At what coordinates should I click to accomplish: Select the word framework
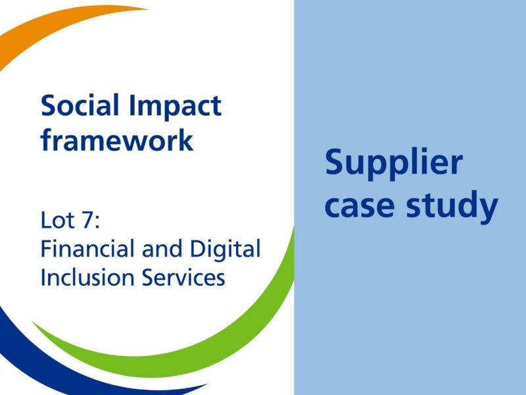click(117, 140)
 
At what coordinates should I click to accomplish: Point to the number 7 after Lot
click(87, 219)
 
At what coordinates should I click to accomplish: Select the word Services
click(183, 277)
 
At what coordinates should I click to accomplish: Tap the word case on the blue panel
click(364, 206)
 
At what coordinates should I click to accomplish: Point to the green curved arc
click(217, 329)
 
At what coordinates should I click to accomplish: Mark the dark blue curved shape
click(39, 355)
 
